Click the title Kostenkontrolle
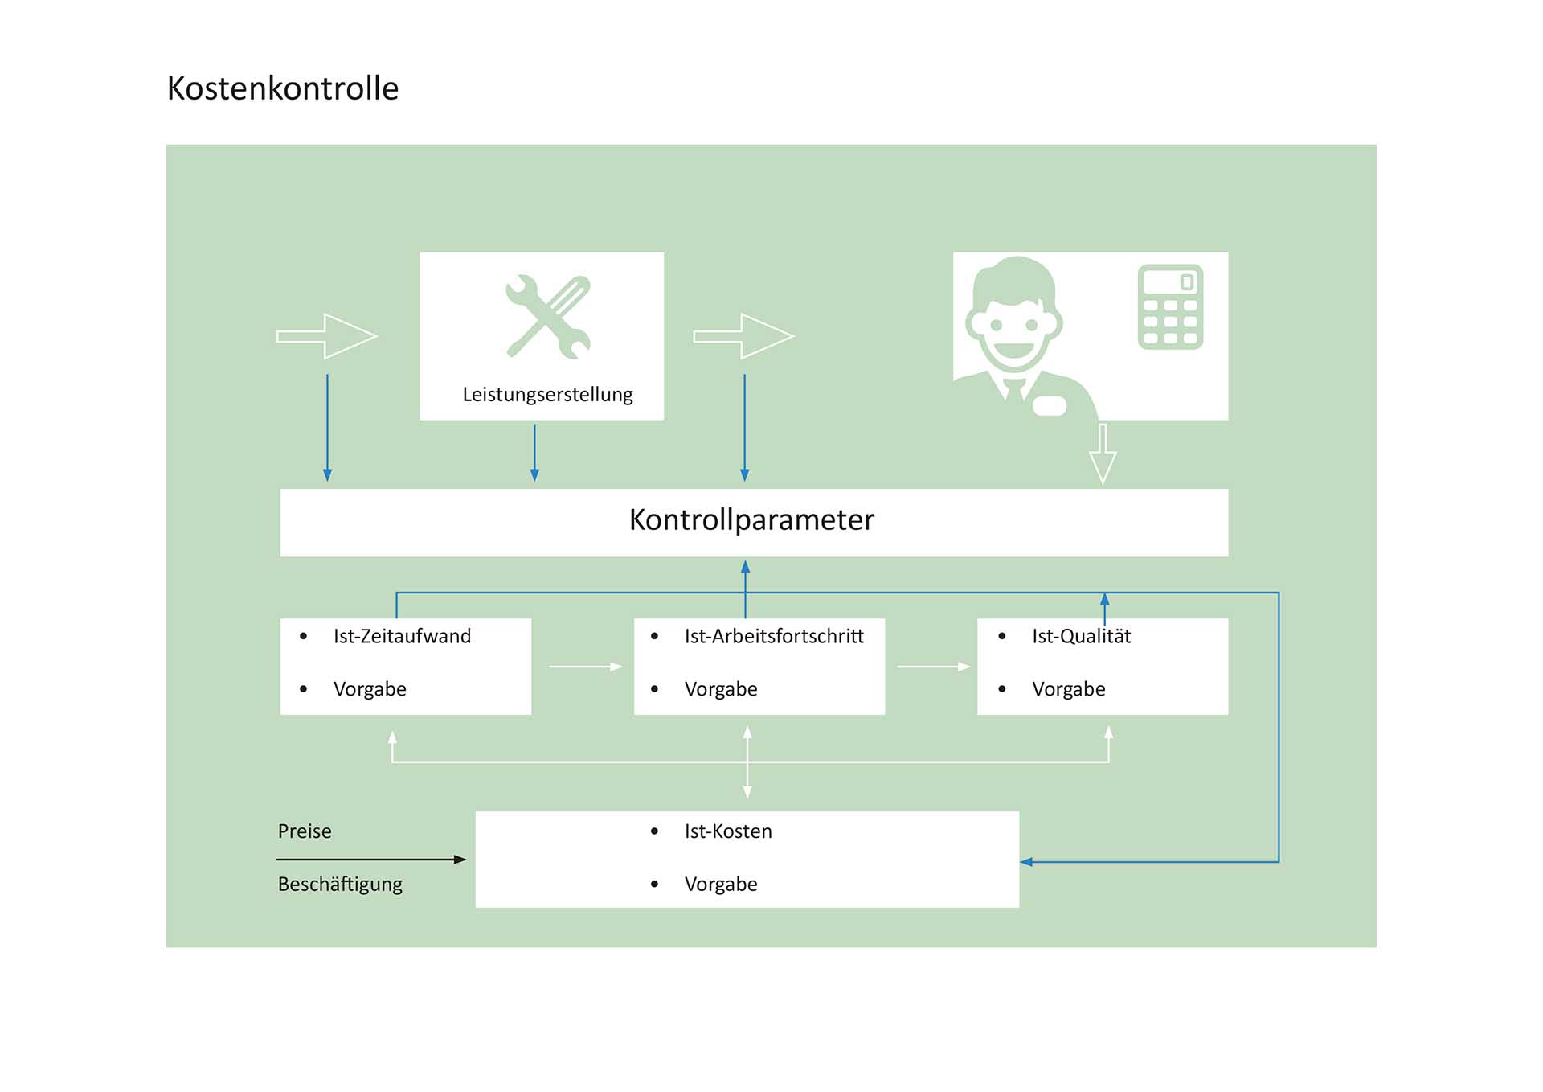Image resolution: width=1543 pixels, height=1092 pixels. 282,88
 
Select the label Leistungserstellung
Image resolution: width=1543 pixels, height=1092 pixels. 547,395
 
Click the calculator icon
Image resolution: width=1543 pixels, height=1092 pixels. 1170,307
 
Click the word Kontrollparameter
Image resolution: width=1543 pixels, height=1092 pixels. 751,520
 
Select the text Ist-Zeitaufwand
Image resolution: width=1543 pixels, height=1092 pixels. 402,636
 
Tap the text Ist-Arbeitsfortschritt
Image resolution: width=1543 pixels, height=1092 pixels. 774,636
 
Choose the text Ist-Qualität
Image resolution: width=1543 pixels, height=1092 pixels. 1081,636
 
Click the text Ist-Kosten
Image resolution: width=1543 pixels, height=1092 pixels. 728,831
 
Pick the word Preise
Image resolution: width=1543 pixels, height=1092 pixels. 305,831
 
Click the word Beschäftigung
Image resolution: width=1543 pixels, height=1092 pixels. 340,885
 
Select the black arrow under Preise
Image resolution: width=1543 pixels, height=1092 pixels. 370,860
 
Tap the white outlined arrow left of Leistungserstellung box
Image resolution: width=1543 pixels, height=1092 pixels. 327,336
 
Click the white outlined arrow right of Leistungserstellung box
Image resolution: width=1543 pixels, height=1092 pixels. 744,336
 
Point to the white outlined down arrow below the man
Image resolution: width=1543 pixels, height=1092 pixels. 1103,454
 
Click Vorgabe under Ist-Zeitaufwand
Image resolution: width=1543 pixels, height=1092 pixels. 370,689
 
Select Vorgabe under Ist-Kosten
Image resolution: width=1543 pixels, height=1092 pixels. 721,885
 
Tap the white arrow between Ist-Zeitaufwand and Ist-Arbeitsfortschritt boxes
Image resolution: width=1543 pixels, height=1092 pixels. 586,667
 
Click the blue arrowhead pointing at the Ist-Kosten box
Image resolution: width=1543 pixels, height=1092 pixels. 1026,862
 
